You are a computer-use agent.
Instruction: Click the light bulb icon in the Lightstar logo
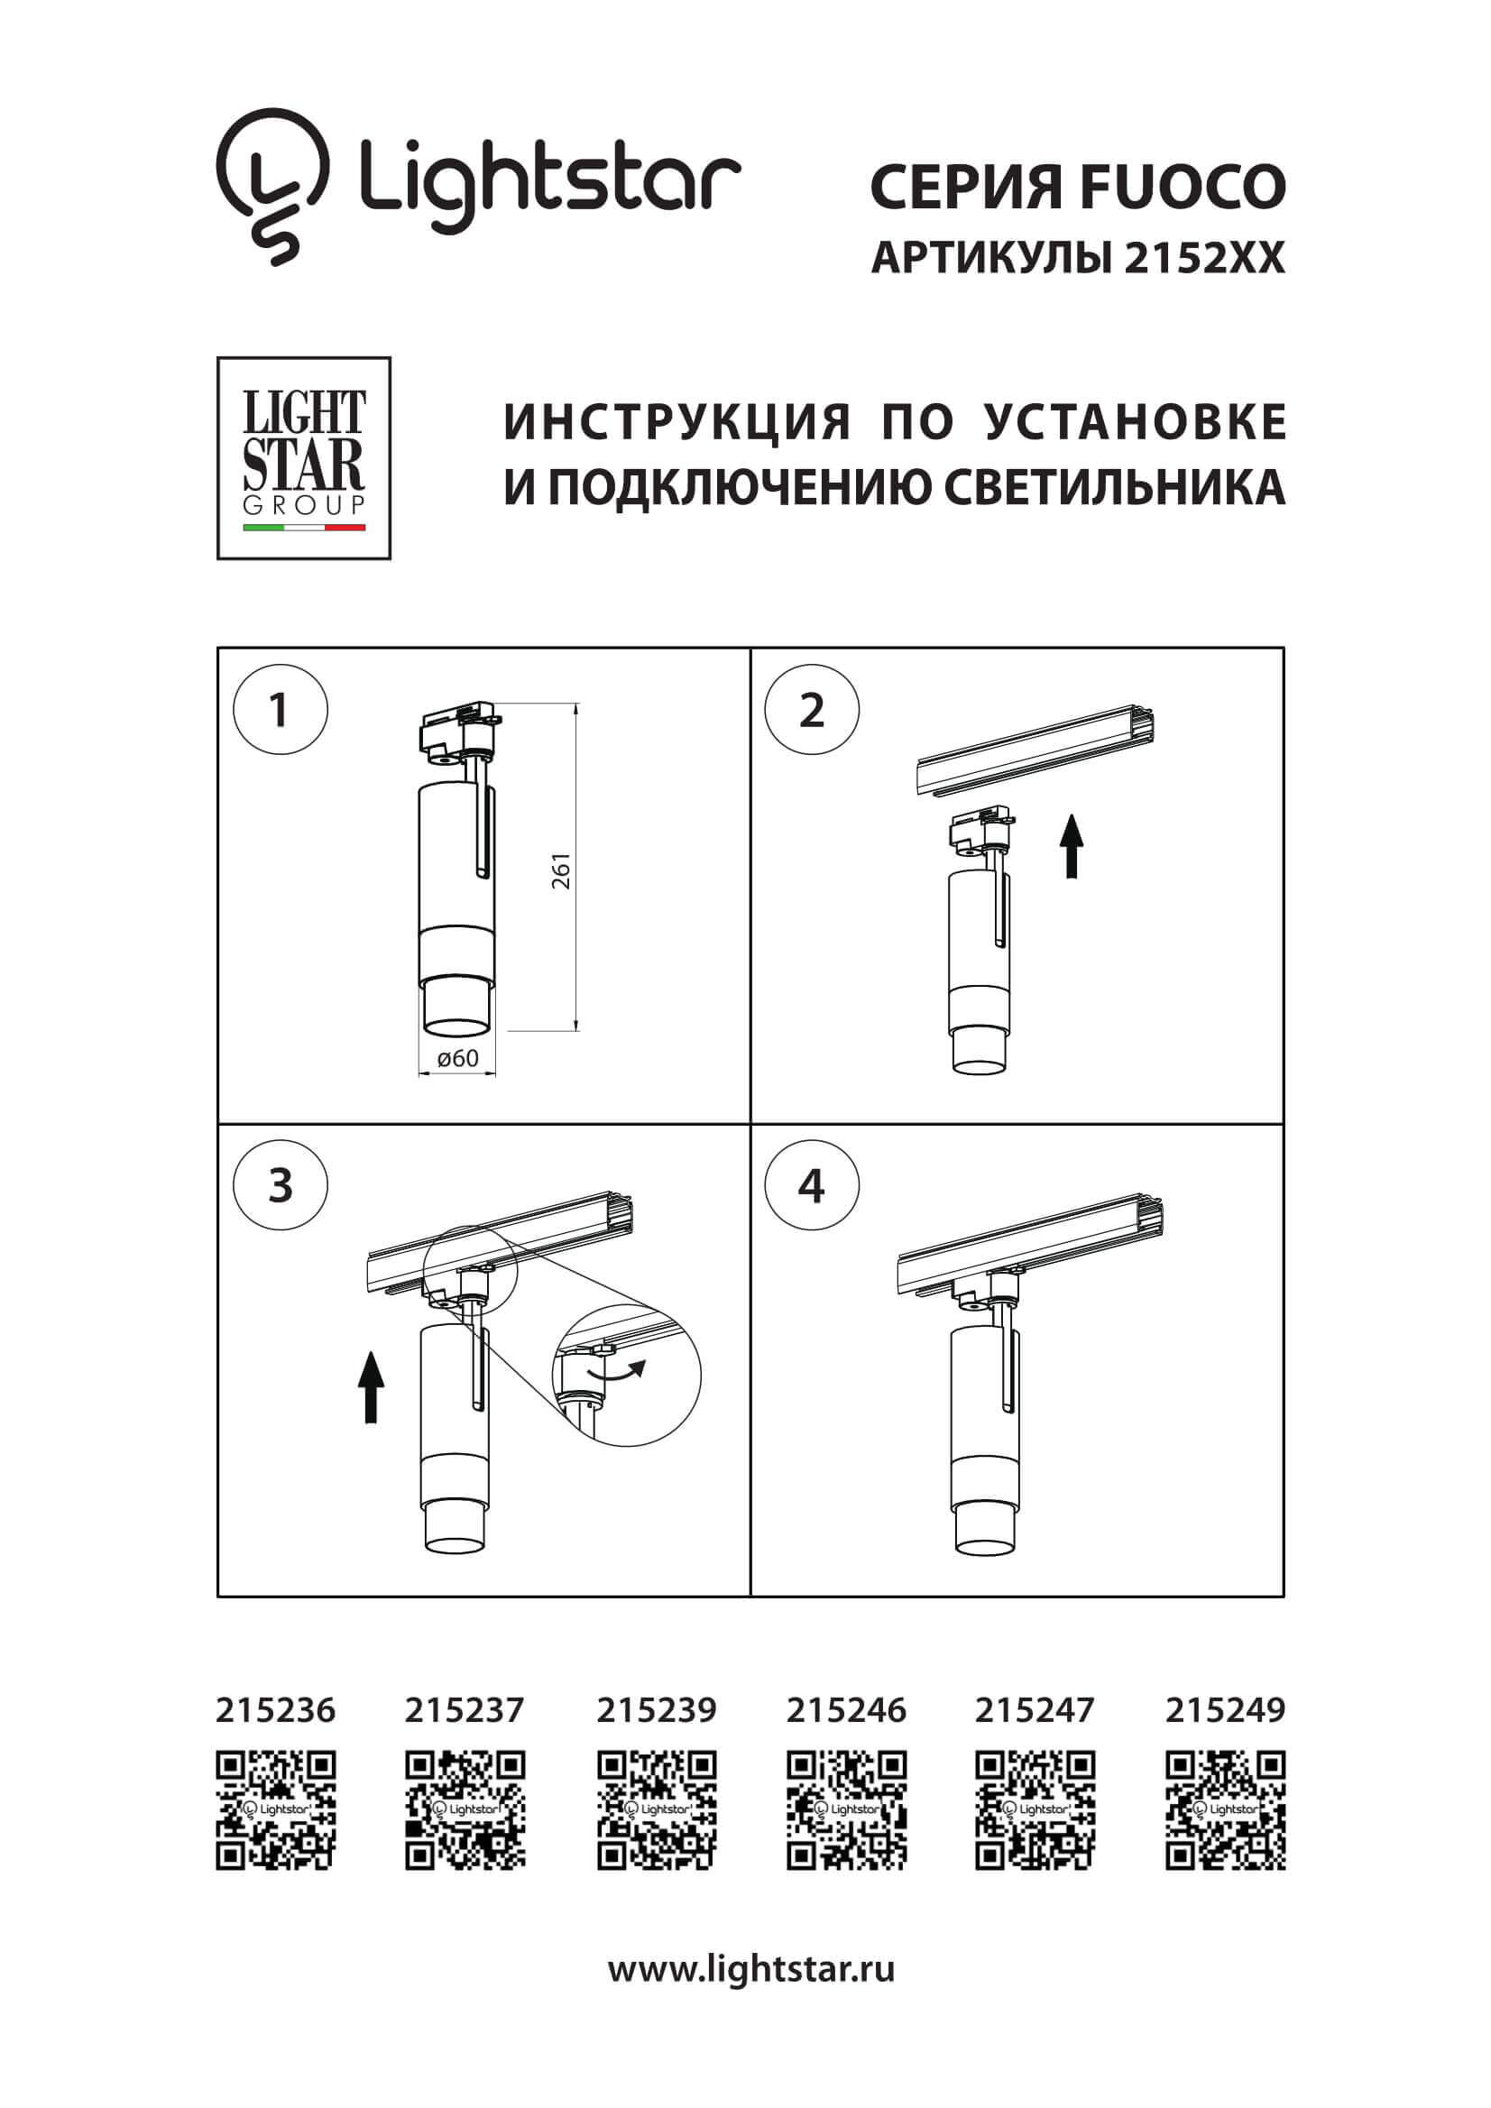[272, 184]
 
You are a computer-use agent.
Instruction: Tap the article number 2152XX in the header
[1203, 259]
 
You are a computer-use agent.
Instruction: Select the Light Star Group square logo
[304, 458]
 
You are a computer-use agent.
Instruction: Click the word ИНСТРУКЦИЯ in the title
[677, 422]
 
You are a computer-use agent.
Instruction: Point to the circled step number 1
[280, 711]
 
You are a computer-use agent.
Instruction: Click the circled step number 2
[812, 711]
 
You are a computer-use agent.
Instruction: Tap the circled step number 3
[280, 1186]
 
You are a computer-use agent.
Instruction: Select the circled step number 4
[812, 1186]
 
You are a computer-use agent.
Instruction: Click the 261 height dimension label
[561, 870]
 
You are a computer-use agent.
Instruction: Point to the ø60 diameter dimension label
[457, 1059]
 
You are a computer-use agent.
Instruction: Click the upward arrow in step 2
[1072, 846]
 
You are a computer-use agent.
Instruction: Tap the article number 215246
[845, 1710]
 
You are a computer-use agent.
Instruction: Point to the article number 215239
[656, 1710]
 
